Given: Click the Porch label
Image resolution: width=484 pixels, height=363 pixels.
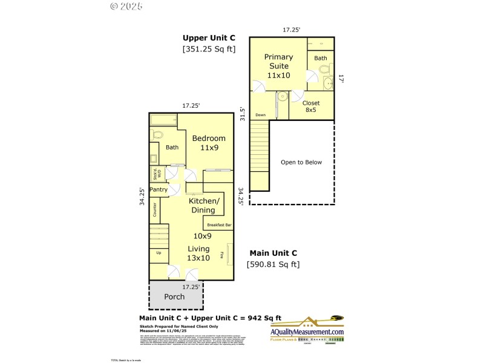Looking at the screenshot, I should coord(174,297).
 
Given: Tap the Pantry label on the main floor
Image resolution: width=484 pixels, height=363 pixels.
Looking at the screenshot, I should coord(159,190).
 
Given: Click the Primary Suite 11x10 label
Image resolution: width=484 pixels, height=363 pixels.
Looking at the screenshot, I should coord(278,66).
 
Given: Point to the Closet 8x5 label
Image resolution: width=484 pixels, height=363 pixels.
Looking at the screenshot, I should coord(311,106).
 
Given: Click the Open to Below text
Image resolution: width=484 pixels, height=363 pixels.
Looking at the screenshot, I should coord(301,162).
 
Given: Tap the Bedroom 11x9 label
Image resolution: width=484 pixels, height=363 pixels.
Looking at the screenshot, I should coord(209,143).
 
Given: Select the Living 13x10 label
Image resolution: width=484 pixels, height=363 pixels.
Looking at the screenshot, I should coord(198,253).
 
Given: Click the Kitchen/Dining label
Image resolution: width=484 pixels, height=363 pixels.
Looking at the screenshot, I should coord(204,206).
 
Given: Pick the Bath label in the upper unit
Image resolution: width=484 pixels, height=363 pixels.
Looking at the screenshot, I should coord(321,59).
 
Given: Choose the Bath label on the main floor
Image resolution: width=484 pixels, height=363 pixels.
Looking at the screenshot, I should coord(172,147).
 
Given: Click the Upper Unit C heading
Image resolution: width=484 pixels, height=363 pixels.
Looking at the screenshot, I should coord(209,38).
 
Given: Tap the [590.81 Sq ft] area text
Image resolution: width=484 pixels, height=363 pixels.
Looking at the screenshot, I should coord(273,264).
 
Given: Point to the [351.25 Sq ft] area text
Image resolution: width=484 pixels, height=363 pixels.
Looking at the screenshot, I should coord(209,49).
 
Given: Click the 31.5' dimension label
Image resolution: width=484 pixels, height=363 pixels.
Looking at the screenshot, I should coord(243,114).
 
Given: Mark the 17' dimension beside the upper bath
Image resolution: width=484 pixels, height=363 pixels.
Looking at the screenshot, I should coord(341,79).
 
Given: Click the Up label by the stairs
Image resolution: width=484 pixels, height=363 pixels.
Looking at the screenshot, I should coord(159,253).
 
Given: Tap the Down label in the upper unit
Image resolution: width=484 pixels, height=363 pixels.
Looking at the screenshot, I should coord(260,115).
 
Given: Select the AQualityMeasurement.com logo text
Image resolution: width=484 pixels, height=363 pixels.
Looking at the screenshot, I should coord(307,332).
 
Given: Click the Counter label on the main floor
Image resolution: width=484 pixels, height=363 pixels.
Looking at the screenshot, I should coord(155,210).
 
